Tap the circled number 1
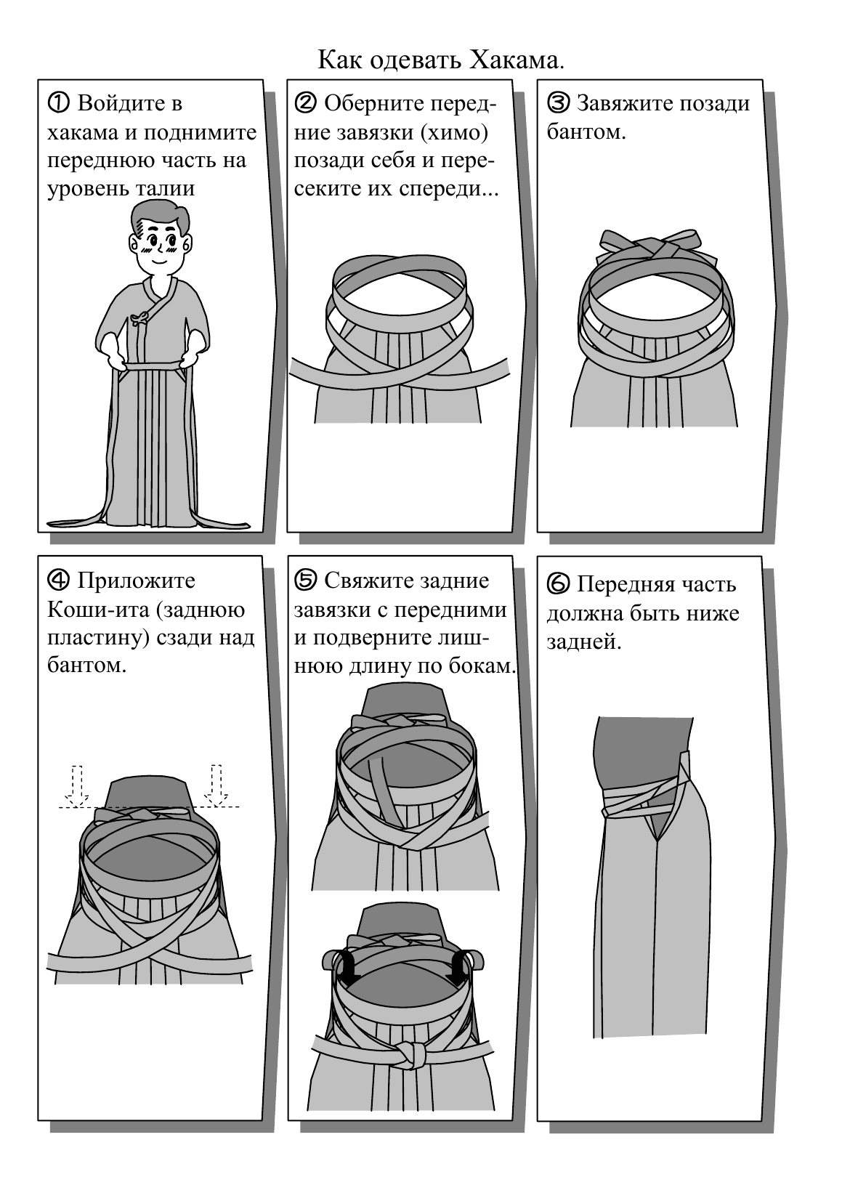coord(59,102)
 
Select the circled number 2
coord(306,102)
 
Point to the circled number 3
coord(558,102)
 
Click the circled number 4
coord(59,580)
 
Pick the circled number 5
coord(306,580)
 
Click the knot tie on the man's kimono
coord(142,318)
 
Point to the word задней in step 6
coord(583,642)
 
